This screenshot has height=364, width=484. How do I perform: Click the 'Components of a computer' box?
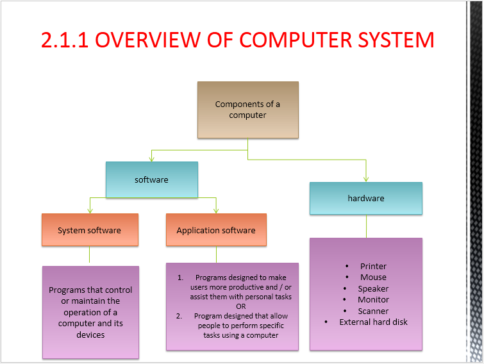point(247,110)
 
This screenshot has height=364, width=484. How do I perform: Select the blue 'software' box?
point(151,179)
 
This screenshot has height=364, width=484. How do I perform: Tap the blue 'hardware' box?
point(366,198)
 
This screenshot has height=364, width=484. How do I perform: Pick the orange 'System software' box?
point(89,230)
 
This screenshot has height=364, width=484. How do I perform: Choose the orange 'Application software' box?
point(216,230)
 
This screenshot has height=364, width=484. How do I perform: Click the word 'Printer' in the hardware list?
point(373,266)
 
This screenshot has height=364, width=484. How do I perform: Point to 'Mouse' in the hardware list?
point(373,277)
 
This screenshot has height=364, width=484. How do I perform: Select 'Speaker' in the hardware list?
point(373,288)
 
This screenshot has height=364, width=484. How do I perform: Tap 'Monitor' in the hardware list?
point(373,299)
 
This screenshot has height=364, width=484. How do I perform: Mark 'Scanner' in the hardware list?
point(373,311)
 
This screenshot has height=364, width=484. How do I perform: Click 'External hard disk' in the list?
point(373,322)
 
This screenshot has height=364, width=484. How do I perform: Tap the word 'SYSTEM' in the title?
point(395,40)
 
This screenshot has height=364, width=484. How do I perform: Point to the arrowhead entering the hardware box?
point(366,179)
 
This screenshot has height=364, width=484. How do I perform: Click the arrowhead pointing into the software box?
point(151,158)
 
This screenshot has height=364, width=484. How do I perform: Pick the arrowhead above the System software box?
point(89,210)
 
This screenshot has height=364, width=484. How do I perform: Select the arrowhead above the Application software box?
point(216,210)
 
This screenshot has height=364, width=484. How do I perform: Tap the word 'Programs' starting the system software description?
point(67,290)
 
